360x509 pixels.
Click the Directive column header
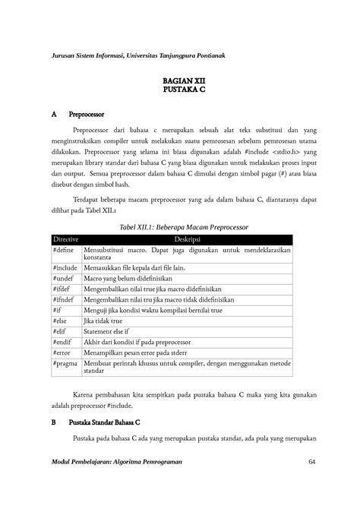66,239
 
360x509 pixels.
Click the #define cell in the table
65,249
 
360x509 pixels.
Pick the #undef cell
65,279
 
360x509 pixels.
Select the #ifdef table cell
64,289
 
